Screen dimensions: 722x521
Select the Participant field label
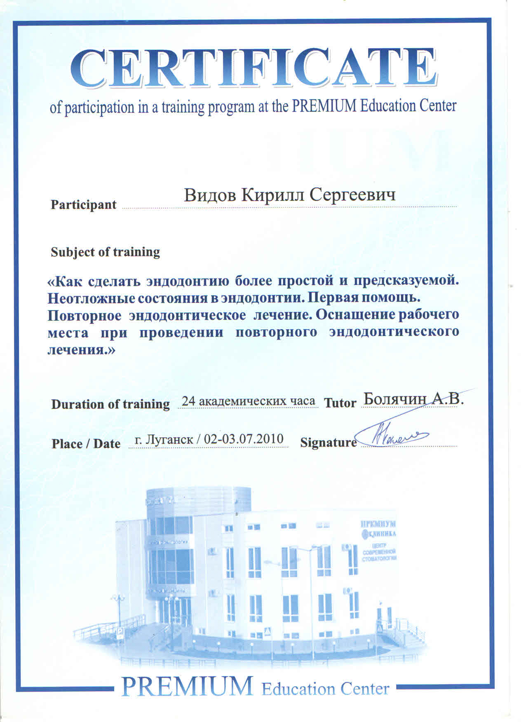[84, 204]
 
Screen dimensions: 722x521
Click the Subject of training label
[105, 252]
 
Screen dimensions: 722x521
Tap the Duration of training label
[110, 404]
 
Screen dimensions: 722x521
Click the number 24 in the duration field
[188, 401]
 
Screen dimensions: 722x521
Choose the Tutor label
[340, 403]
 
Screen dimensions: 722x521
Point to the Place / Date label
[86, 443]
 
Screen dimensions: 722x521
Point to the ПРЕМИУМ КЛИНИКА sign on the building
[378, 529]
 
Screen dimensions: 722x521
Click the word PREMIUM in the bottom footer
[187, 687]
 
